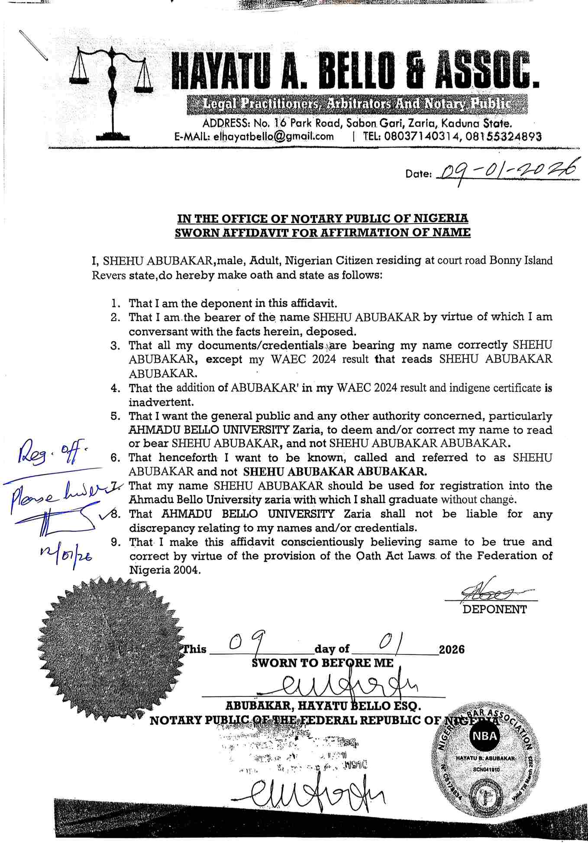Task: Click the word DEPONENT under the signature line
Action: coord(494,609)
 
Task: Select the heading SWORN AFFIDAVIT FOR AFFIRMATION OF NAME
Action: coord(323,232)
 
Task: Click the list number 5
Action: coord(115,416)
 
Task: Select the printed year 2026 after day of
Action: coord(452,649)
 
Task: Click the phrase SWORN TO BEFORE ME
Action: coord(323,663)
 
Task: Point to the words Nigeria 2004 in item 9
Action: coord(165,570)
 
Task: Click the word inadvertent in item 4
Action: coord(161,402)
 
